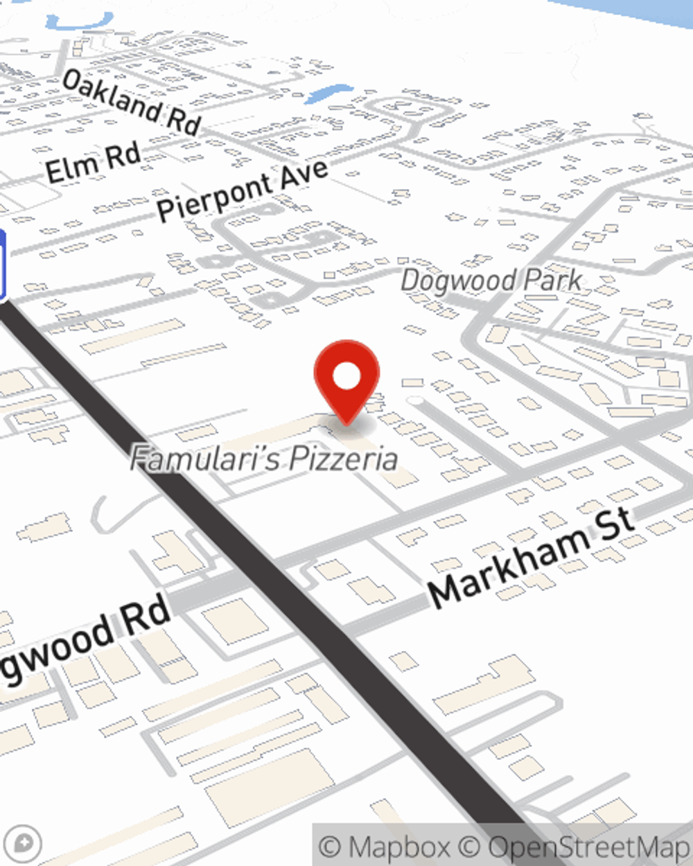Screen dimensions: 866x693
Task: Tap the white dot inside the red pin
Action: point(346,377)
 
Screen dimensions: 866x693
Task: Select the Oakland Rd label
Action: point(132,102)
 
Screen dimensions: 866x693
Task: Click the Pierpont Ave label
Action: point(242,190)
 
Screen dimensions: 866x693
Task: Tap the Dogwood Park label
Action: point(491,281)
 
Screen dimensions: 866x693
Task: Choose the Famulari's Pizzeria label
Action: point(264,458)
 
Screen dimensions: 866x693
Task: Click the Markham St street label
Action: point(531,558)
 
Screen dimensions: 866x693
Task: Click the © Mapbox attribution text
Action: point(385,847)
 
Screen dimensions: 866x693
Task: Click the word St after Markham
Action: point(613,523)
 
